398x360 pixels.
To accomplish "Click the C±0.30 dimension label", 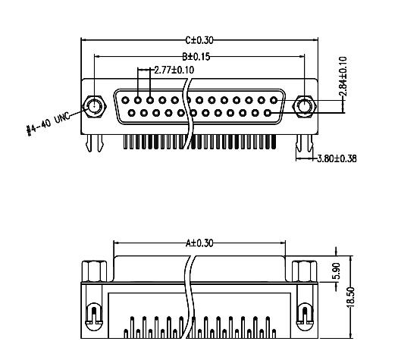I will [x=199, y=40].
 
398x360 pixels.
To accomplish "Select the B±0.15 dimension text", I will [x=196, y=56].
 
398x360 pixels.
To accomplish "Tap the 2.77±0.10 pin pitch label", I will [x=174, y=70].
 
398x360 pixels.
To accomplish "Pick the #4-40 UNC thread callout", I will [x=50, y=122].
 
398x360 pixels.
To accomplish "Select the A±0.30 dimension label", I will [x=199, y=244].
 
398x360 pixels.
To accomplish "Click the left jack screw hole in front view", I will [x=94, y=107].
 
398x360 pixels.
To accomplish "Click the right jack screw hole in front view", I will [x=305, y=107].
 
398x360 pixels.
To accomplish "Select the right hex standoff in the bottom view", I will [x=305, y=271].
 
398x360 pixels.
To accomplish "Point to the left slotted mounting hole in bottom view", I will [x=92, y=312].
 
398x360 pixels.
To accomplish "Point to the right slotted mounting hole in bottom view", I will [x=306, y=312].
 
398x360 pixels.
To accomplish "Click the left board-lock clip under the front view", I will [x=94, y=142].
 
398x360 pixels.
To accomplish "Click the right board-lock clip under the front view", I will [x=305, y=142].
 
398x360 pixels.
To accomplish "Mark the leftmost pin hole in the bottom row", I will [x=133, y=113].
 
